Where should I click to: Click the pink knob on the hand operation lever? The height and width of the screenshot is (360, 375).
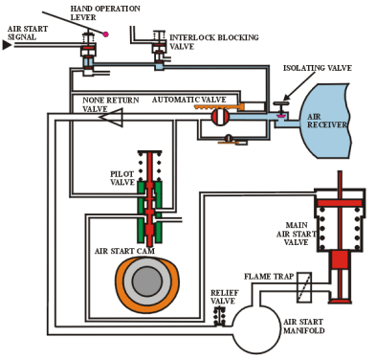[x=105, y=34]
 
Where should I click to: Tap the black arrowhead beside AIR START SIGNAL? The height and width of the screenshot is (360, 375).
[x=7, y=45]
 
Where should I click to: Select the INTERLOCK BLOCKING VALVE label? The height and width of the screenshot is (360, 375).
[x=214, y=42]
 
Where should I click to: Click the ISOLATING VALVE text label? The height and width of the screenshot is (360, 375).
[x=318, y=68]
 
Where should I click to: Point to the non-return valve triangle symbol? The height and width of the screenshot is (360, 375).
[x=112, y=117]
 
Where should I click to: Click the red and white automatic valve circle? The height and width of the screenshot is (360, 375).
[x=220, y=117]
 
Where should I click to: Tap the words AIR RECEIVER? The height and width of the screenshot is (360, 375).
[x=326, y=121]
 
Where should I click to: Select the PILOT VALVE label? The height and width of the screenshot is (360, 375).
[x=122, y=178]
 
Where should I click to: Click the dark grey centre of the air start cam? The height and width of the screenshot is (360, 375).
[x=147, y=281]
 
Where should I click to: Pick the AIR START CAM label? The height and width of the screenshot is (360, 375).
[x=124, y=251]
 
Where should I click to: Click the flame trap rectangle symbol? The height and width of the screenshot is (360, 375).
[x=304, y=287]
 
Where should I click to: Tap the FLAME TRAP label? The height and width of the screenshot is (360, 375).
[x=269, y=277]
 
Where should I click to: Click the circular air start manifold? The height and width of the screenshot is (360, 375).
[x=256, y=329]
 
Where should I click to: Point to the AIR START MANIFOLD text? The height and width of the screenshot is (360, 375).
[x=304, y=326]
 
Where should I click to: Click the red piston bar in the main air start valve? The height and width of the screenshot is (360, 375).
[x=340, y=203]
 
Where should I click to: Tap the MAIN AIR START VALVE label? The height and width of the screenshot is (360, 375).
[x=297, y=234]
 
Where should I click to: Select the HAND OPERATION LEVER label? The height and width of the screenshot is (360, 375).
[x=105, y=12]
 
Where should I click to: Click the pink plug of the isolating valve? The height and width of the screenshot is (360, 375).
[x=281, y=117]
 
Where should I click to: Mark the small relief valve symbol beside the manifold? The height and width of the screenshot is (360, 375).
[x=220, y=317]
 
